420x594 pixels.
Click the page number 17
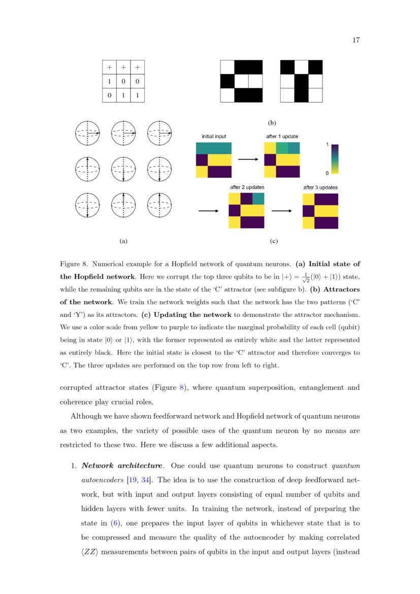356,41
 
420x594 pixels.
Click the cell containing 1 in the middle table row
109,81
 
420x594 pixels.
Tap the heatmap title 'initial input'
214,136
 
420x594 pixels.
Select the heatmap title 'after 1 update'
282,136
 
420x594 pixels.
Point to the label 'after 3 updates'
320,187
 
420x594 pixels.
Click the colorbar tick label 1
327,144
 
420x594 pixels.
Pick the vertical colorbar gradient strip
335,159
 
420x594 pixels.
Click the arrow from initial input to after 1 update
248,160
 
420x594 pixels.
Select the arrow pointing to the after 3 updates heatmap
283,211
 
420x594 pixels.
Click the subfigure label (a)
123,242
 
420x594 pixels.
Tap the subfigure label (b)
272,123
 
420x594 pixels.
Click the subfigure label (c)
274,242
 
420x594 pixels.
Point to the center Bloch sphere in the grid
123,169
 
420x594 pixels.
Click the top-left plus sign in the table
109,67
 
